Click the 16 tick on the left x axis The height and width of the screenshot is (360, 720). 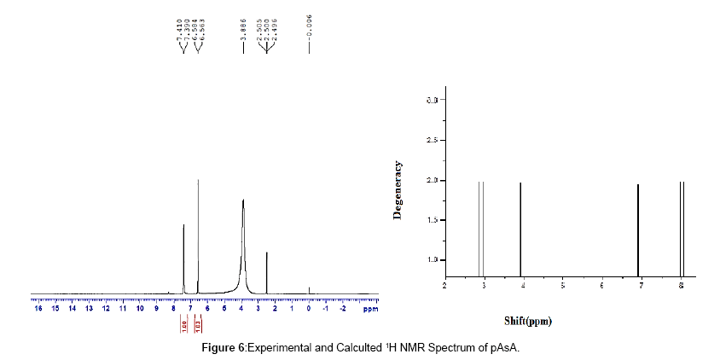click(37, 308)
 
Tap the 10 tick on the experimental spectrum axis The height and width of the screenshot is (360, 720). click(138, 308)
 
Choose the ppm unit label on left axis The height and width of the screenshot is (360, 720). click(369, 308)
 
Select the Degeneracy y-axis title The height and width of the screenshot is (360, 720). click(398, 191)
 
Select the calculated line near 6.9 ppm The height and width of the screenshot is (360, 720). click(638, 229)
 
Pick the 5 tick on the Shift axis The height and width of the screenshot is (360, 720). click(562, 284)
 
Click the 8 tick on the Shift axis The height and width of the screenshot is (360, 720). click(681, 284)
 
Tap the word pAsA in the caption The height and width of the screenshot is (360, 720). click(506, 349)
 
